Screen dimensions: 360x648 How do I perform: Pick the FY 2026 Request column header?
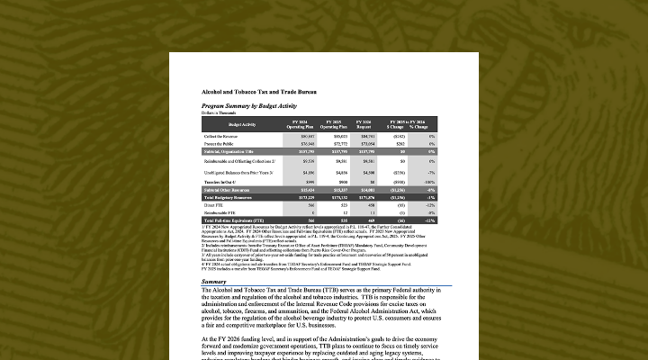365,123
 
